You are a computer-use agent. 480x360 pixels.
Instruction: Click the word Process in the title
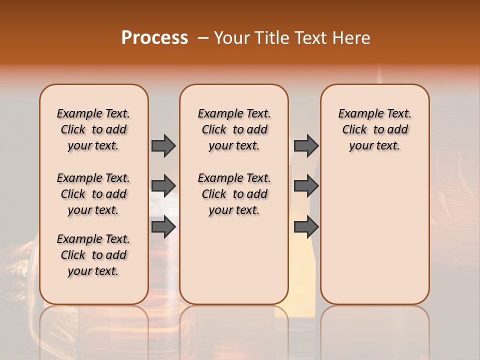pyautogui.click(x=154, y=38)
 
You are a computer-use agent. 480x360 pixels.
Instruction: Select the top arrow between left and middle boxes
pyautogui.click(x=163, y=145)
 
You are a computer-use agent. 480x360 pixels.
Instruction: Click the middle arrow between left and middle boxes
pyautogui.click(x=163, y=186)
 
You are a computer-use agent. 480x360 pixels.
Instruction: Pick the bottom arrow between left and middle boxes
pyautogui.click(x=163, y=226)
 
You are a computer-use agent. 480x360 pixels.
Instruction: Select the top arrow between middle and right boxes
pyautogui.click(x=306, y=145)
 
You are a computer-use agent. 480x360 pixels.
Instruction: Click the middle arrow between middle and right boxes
pyautogui.click(x=306, y=186)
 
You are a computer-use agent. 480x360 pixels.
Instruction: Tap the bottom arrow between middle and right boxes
pyautogui.click(x=306, y=226)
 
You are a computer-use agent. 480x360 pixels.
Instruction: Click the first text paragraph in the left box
pyautogui.click(x=93, y=129)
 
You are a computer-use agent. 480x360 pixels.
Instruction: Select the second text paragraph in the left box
pyautogui.click(x=93, y=194)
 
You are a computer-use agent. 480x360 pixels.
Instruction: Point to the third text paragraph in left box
pyautogui.click(x=93, y=255)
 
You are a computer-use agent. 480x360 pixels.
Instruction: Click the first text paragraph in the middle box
pyautogui.click(x=234, y=129)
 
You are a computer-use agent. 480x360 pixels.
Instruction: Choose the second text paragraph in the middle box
pyautogui.click(x=234, y=194)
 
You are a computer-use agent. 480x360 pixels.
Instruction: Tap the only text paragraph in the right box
pyautogui.click(x=375, y=129)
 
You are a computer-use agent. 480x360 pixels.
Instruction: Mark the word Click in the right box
pyautogui.click(x=354, y=130)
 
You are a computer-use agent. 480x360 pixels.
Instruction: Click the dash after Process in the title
pyautogui.click(x=203, y=38)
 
